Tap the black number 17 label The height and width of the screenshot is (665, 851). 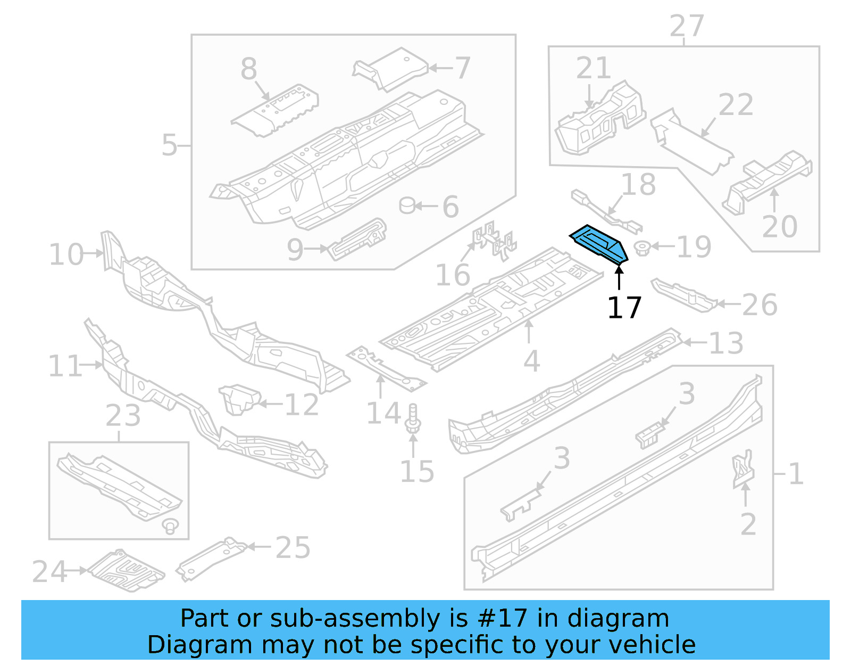click(624, 307)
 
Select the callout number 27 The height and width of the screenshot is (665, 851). click(686, 26)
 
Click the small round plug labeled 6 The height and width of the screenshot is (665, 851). click(407, 205)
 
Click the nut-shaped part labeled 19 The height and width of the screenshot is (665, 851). click(643, 248)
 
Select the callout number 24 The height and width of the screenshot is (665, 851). click(49, 571)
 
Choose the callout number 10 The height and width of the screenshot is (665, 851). click(66, 254)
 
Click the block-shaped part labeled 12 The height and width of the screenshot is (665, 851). click(239, 399)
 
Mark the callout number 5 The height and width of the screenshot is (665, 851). click(169, 145)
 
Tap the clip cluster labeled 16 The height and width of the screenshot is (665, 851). click(494, 241)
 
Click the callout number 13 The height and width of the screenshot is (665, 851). click(726, 343)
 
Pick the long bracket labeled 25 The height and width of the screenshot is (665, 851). click(212, 559)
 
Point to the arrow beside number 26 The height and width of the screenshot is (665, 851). click(728, 304)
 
